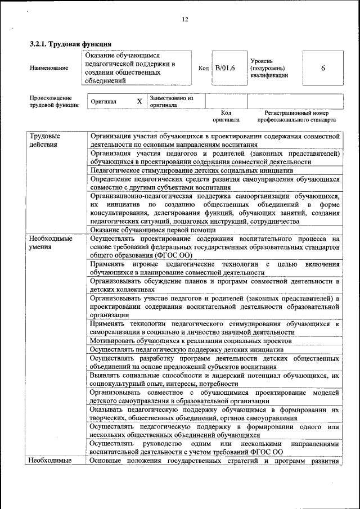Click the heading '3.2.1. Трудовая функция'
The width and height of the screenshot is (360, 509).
click(70, 43)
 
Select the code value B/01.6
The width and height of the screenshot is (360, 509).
click(225, 68)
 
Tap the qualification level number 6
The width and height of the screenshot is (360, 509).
click(323, 68)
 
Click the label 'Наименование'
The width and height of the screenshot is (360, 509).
click(49, 68)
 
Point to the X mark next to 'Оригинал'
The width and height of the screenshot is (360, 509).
click(139, 102)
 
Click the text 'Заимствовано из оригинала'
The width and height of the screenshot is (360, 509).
click(171, 102)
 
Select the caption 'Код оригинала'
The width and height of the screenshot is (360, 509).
click(226, 116)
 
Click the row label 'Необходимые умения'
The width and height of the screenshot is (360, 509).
click(51, 242)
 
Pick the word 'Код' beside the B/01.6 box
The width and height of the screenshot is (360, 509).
click(204, 68)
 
